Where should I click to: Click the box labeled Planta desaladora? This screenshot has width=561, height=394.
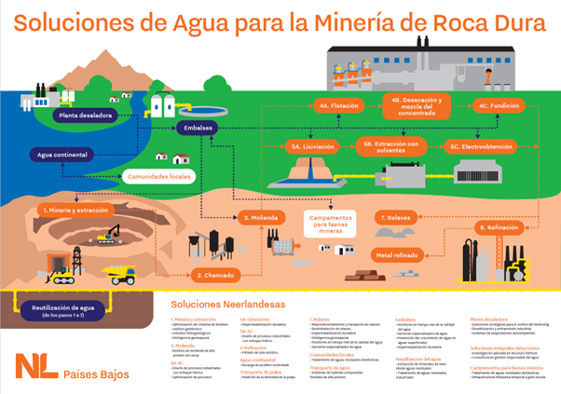[85, 115]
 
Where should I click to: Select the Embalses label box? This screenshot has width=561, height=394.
[198, 128]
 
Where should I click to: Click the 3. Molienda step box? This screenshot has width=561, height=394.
[255, 217]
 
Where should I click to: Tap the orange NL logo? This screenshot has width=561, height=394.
[35, 363]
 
